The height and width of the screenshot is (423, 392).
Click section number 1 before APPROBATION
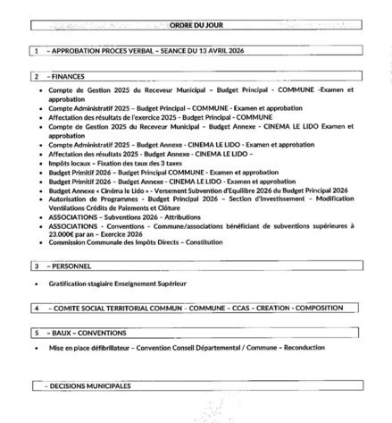click(x=36, y=51)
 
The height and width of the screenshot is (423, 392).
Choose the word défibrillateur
click(x=113, y=346)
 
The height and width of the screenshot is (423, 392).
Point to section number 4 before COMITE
click(x=36, y=307)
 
